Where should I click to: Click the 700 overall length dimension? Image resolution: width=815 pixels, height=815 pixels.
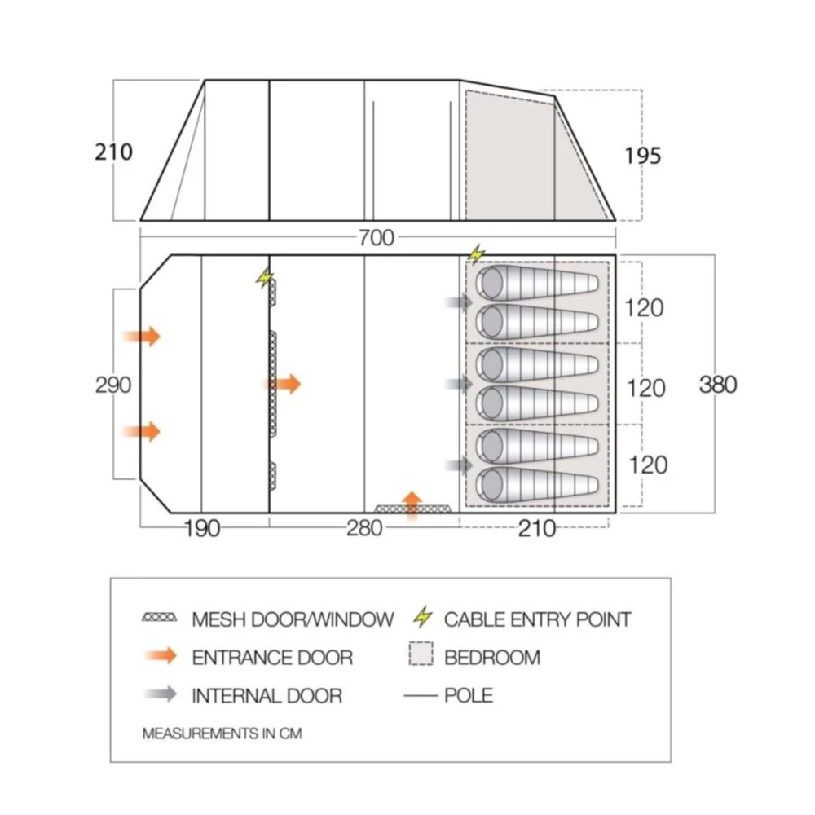click(376, 238)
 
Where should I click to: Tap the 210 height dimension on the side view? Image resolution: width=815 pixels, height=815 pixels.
click(113, 152)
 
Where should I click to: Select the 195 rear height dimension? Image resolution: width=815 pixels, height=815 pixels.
click(643, 155)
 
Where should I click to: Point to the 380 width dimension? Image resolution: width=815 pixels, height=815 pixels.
click(718, 384)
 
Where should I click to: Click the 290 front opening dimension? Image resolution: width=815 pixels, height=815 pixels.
click(113, 385)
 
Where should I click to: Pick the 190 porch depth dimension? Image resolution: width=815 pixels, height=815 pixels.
click(201, 529)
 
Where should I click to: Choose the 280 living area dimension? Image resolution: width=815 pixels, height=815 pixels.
click(363, 529)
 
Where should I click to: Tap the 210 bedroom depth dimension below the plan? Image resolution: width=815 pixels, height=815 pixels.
click(536, 529)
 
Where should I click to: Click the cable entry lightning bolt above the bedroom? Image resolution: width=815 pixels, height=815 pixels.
click(476, 254)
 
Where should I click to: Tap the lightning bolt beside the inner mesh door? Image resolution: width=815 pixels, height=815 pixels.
click(264, 278)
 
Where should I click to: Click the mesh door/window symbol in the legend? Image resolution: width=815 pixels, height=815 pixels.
click(159, 619)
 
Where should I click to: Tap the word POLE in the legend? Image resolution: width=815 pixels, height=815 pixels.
click(469, 695)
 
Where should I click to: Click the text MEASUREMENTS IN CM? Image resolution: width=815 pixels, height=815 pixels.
click(222, 733)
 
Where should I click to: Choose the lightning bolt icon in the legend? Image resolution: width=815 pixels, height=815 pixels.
click(421, 618)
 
